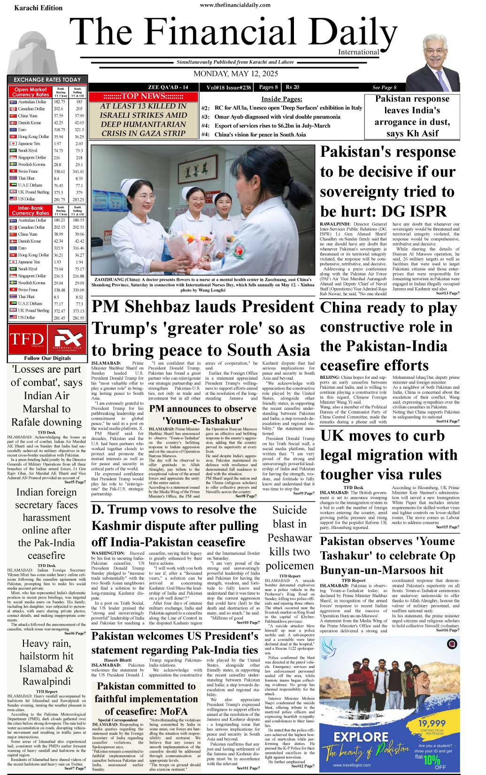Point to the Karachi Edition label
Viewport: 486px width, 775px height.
(38, 8)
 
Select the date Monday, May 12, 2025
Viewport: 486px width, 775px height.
(235, 74)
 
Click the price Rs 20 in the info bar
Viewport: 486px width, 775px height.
(292, 87)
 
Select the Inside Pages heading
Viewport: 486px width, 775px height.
(281, 99)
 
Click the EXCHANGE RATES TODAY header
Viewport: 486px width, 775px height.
(47, 80)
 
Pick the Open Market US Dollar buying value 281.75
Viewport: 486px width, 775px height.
(59, 199)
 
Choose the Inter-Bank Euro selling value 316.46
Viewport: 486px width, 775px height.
(78, 248)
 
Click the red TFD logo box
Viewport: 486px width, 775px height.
(27, 339)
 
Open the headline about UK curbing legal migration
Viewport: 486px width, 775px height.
(388, 455)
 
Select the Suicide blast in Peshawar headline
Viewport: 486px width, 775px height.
(289, 537)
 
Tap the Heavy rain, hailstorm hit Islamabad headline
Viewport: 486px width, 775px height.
(46, 662)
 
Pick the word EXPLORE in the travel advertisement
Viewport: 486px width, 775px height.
(361, 736)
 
